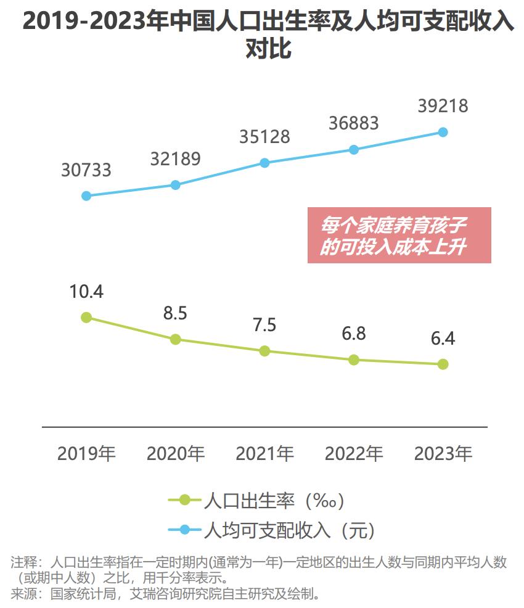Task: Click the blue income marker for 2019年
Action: click(x=86, y=196)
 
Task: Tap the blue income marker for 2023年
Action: click(x=443, y=132)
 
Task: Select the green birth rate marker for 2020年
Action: click(x=176, y=339)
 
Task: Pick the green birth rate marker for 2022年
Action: click(x=353, y=359)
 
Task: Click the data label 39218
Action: click(x=443, y=105)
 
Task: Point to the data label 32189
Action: click(x=175, y=158)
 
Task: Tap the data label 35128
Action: click(x=264, y=136)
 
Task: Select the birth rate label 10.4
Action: click(x=86, y=292)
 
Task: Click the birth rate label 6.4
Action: click(x=443, y=339)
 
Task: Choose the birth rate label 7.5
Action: click(x=264, y=324)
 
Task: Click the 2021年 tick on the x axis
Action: click(x=264, y=454)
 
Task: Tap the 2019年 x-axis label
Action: click(x=86, y=454)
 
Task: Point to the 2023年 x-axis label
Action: click(x=443, y=454)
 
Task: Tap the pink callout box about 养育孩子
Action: click(x=399, y=235)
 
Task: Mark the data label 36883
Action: click(x=353, y=123)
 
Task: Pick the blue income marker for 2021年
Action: click(x=264, y=163)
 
